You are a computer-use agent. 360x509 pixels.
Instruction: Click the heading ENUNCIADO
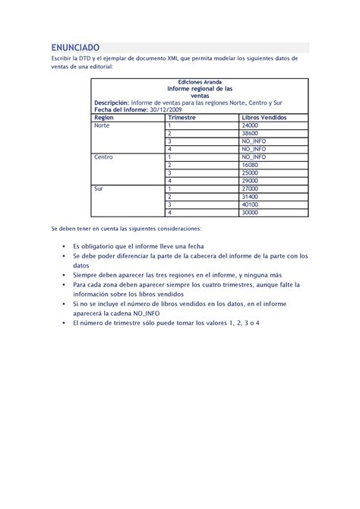[75, 47]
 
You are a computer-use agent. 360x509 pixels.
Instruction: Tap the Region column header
[104, 118]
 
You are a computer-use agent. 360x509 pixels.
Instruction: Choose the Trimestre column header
[182, 118]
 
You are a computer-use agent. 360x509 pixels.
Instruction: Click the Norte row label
[102, 125]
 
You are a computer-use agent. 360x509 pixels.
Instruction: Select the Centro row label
[103, 157]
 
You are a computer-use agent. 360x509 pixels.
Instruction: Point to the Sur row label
[99, 188]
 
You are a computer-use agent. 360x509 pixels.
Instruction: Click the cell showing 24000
[251, 125]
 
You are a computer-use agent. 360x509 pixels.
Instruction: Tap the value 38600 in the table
[251, 133]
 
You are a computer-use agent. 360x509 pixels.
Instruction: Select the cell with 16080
[251, 165]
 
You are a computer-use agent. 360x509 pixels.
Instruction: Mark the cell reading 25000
[251, 172]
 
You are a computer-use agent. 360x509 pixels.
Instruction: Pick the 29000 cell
[251, 181]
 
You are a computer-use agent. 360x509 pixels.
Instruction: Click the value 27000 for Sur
[251, 188]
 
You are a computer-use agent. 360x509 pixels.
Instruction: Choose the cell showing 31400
[251, 196]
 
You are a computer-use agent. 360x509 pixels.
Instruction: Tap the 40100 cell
[251, 204]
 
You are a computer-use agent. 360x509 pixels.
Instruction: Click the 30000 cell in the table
[251, 212]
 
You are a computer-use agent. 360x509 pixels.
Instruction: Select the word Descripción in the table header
[111, 102]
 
